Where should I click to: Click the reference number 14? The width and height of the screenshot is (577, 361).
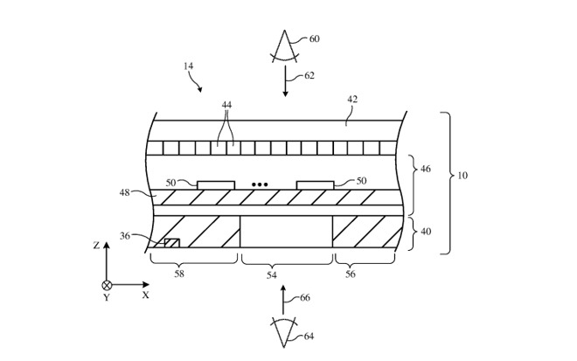[189, 66]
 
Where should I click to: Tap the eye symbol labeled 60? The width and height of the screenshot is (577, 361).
[284, 46]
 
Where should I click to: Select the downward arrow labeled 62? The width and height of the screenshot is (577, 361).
[285, 81]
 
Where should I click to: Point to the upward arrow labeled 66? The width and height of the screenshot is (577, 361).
[283, 299]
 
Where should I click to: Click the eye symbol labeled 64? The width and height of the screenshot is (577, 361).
[284, 332]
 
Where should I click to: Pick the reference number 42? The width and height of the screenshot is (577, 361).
[352, 100]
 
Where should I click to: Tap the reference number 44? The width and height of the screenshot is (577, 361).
[226, 105]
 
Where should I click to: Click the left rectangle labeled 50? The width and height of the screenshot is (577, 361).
[216, 185]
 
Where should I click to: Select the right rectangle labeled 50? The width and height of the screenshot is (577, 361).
[316, 185]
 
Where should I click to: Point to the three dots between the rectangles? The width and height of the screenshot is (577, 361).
[260, 184]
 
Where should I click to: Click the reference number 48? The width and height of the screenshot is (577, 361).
[125, 192]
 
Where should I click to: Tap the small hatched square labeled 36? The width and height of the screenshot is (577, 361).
[172, 243]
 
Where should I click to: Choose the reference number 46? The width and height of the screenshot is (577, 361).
[426, 169]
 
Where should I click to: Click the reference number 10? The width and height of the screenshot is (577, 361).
[462, 175]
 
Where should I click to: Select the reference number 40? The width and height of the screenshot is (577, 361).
[426, 232]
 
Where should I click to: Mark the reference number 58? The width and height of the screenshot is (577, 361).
[179, 274]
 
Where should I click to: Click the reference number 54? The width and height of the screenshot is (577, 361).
[272, 274]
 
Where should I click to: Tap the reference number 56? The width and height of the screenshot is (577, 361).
[351, 274]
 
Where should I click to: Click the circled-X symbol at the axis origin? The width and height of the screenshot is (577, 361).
[107, 285]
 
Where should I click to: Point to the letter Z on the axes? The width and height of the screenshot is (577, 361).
[96, 245]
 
